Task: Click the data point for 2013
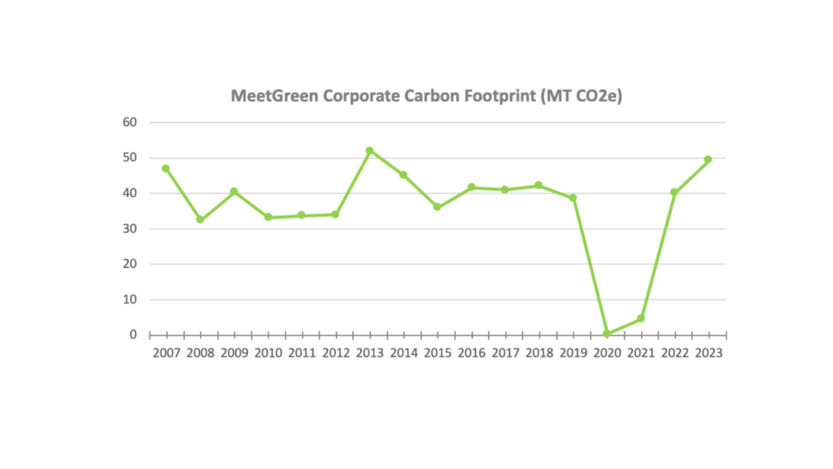coord(369,151)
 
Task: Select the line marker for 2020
coord(606,333)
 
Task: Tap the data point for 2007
coord(166,169)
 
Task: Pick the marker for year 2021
coord(640,318)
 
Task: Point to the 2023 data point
coord(708,160)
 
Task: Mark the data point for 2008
coord(200,219)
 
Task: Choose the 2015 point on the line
coord(437,207)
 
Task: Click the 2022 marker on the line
coord(674,192)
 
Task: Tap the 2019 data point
coord(573,198)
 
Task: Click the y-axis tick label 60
coord(130,122)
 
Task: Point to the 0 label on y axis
coord(133,334)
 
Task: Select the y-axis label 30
coord(130,228)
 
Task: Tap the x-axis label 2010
coord(268,353)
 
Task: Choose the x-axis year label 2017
coord(504,353)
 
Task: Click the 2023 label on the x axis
coord(708,353)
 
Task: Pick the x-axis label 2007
coord(166,353)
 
